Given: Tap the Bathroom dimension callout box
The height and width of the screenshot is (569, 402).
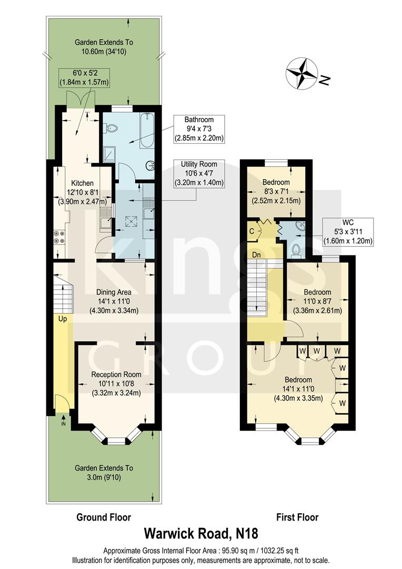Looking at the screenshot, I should pyautogui.click(x=199, y=129).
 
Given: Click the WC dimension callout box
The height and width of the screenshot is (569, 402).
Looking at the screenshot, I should pyautogui.click(x=348, y=232).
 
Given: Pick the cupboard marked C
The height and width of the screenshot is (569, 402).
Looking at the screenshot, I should pyautogui.click(x=252, y=230).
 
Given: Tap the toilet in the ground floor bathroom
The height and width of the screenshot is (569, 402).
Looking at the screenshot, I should pyautogui.click(x=111, y=127).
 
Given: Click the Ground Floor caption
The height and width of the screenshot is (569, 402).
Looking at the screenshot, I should pyautogui.click(x=104, y=517).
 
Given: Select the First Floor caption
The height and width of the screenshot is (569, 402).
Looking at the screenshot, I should pyautogui.click(x=297, y=517).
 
